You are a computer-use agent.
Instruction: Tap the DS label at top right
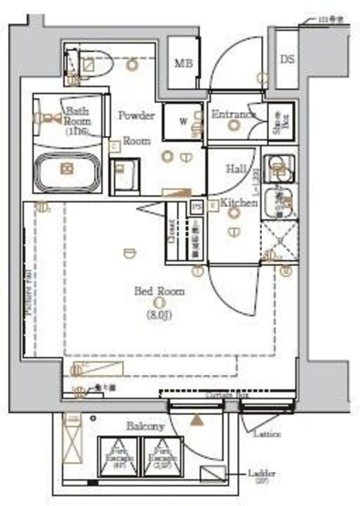click(286, 59)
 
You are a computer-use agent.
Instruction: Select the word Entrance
click(234, 115)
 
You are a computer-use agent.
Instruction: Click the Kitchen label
click(239, 204)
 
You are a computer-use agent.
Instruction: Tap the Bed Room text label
click(158, 292)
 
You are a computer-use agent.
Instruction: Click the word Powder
click(136, 115)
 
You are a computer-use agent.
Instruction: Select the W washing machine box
click(183, 121)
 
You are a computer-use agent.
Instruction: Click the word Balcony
click(145, 426)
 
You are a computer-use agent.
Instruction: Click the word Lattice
click(267, 434)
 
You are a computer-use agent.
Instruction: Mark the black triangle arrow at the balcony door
click(195, 420)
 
